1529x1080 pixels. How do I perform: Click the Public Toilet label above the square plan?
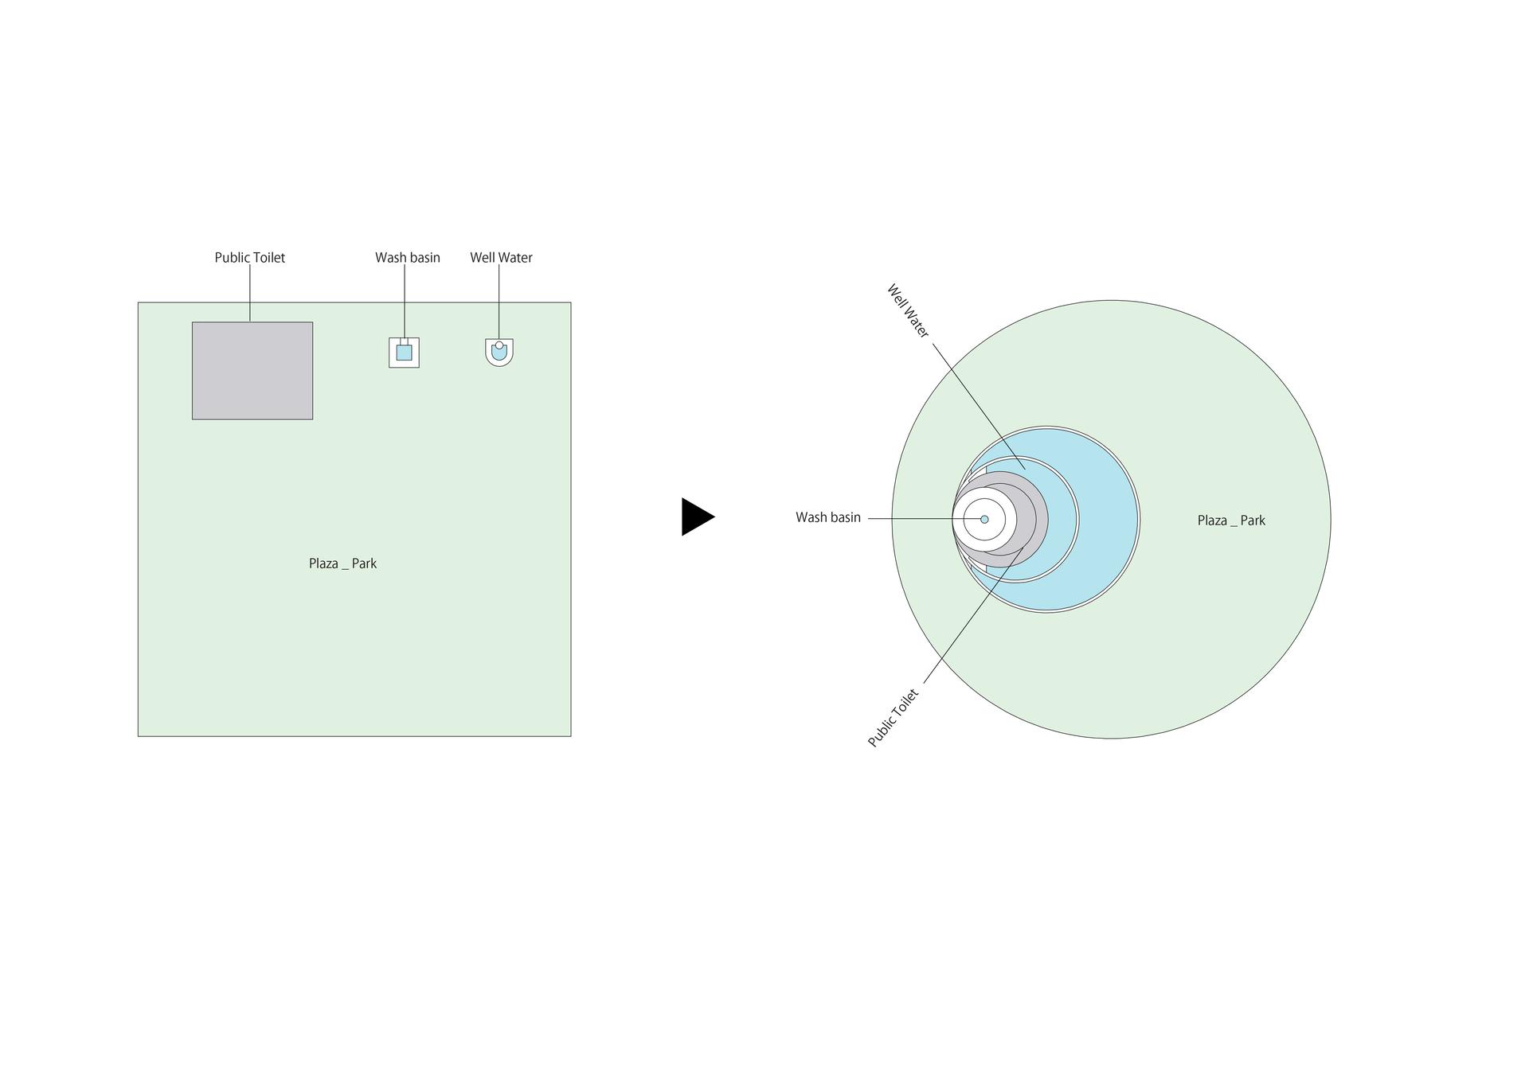249,258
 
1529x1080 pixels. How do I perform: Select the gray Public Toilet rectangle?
252,371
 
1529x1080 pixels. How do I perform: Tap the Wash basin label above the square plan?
408,258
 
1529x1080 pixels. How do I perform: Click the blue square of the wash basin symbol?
405,353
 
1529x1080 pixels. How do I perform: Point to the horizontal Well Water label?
501,258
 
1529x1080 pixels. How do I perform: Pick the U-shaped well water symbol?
499,353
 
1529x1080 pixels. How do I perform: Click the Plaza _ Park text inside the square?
342,563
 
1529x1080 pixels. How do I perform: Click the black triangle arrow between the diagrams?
696,517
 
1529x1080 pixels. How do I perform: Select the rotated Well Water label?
908,311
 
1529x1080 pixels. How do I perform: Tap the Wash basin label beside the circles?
828,517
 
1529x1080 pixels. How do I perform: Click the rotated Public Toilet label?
894,719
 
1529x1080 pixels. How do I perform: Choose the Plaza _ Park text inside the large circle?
1231,521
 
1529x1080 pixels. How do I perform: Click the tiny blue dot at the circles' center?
984,520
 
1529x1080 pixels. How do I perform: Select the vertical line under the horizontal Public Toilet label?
250,293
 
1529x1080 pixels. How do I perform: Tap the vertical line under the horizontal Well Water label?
499,303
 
